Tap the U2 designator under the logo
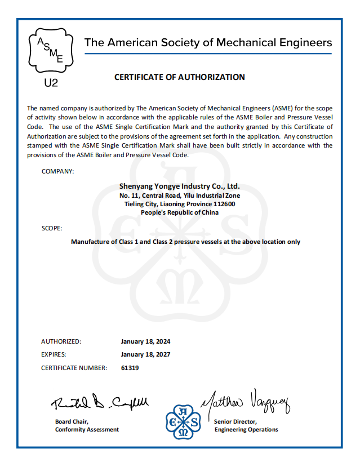pos(51,83)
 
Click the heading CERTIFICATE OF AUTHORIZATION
pos(180,77)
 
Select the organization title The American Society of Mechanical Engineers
pos(208,43)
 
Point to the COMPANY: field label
pos(57,171)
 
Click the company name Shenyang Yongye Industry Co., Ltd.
pos(180,185)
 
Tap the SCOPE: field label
pos(52,228)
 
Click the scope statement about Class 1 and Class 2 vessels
pos(185,242)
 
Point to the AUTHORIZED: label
pos(61,341)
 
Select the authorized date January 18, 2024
pos(145,341)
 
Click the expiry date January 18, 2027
pos(145,354)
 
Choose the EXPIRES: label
pos(54,354)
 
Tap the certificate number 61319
pos(130,368)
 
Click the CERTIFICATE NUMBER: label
pos(74,368)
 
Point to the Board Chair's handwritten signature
pos(100,402)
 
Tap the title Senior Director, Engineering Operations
pos(246,425)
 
